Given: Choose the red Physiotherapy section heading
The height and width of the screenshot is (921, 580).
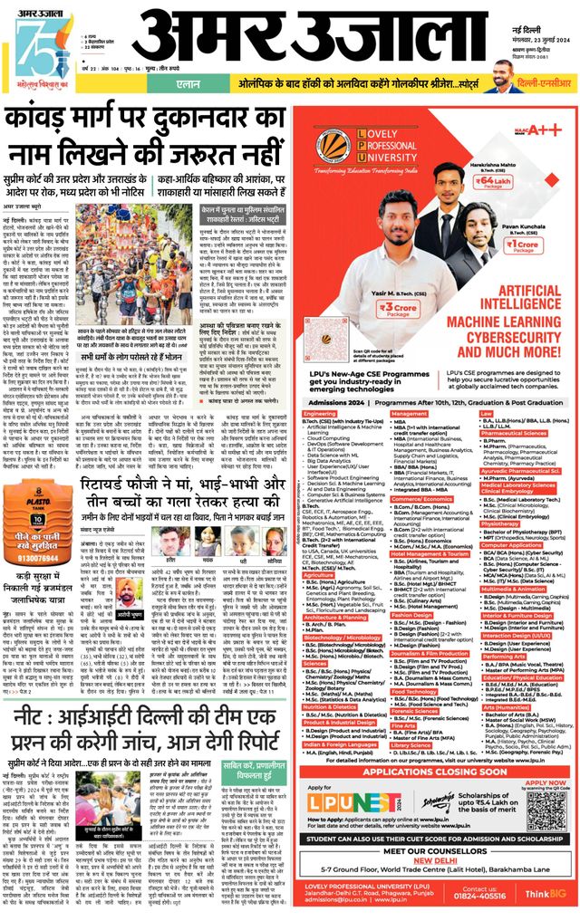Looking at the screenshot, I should coord(499,523).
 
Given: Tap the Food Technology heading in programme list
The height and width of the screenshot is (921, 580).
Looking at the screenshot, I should coord(414,691).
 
